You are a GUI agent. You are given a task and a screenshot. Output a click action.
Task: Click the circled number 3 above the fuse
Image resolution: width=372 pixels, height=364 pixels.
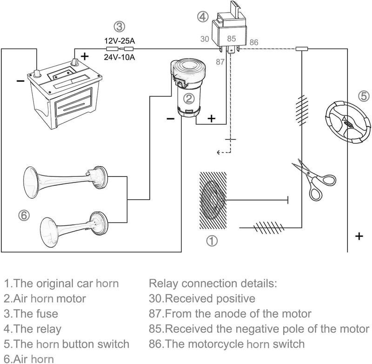(120, 27)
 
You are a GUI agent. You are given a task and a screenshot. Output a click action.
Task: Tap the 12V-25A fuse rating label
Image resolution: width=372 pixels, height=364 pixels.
(120, 41)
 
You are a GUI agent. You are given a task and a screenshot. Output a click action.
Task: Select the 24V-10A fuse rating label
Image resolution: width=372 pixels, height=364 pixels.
(120, 57)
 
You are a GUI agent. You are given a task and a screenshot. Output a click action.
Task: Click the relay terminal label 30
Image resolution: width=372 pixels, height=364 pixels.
(205, 39)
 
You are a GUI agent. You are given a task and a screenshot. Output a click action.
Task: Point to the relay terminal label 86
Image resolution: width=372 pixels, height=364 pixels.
(253, 42)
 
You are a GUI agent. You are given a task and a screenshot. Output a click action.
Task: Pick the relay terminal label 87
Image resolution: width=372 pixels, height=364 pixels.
(220, 62)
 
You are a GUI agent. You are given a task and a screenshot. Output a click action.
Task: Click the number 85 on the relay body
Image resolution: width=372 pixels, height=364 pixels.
(231, 39)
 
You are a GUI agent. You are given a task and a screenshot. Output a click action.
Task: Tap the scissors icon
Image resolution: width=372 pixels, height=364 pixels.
(313, 180)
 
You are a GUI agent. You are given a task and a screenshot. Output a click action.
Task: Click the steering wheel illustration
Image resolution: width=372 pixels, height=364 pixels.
(347, 122)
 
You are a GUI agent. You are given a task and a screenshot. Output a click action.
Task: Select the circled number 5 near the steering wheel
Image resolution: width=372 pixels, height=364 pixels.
(364, 96)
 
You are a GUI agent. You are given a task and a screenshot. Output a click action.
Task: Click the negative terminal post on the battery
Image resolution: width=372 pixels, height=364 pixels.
(37, 74)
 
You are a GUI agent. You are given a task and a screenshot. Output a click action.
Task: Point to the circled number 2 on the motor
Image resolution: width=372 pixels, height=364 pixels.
(189, 99)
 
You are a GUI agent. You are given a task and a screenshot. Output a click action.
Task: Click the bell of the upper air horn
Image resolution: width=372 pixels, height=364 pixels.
(31, 182)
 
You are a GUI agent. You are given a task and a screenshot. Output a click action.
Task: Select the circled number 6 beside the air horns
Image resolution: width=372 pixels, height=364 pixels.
(24, 216)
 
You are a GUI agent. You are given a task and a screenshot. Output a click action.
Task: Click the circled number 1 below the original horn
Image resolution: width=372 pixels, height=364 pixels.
(212, 241)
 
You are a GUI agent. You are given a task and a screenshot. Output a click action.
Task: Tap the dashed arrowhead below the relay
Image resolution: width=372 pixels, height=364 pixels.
(219, 152)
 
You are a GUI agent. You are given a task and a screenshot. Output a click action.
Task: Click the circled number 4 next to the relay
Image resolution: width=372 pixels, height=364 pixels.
(203, 17)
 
